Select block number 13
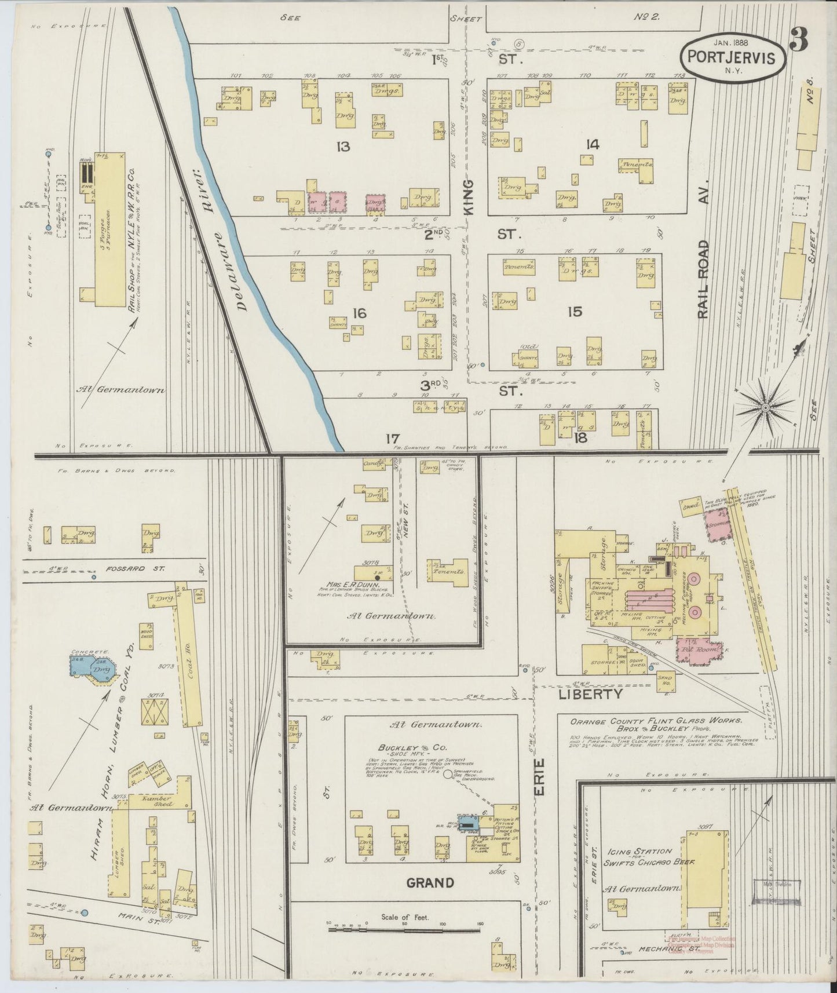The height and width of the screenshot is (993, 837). coord(343,147)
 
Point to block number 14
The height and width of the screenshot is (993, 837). coord(591,145)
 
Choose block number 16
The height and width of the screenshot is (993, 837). coord(359,313)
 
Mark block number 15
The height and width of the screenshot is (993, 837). coord(575,312)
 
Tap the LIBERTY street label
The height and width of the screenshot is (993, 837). coord(590,693)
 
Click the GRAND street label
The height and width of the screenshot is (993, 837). coord(429,882)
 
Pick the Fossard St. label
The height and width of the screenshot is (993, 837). coord(127,568)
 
